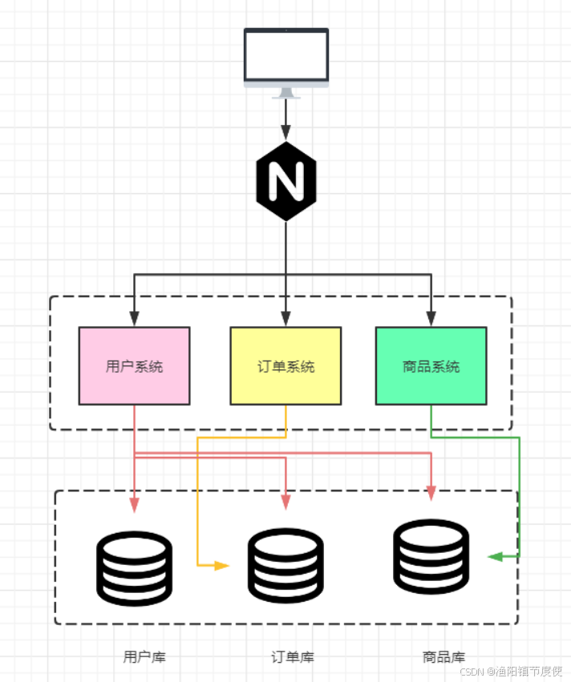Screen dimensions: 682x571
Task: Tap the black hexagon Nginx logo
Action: pyautogui.click(x=286, y=181)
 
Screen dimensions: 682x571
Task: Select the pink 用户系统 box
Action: pyautogui.click(x=134, y=365)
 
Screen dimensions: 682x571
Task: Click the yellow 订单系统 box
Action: pyautogui.click(x=285, y=365)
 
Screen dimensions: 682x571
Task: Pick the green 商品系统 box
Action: pyautogui.click(x=431, y=365)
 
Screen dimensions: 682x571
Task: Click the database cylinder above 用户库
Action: pyautogui.click(x=134, y=567)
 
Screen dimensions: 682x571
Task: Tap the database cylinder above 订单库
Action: pyautogui.click(x=285, y=566)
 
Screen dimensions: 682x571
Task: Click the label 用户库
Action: pyautogui.click(x=144, y=657)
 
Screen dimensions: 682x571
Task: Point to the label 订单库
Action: pyautogui.click(x=293, y=657)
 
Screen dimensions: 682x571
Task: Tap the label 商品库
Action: pyautogui.click(x=443, y=657)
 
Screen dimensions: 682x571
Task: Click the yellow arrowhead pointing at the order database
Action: pyautogui.click(x=221, y=566)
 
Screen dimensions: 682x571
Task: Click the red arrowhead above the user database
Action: pyautogui.click(x=134, y=504)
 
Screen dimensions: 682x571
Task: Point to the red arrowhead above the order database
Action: pyautogui.click(x=285, y=502)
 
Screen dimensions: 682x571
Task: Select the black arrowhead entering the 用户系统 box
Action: pyautogui.click(x=134, y=319)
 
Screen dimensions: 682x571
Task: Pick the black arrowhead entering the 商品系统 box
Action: pyautogui.click(x=431, y=319)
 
